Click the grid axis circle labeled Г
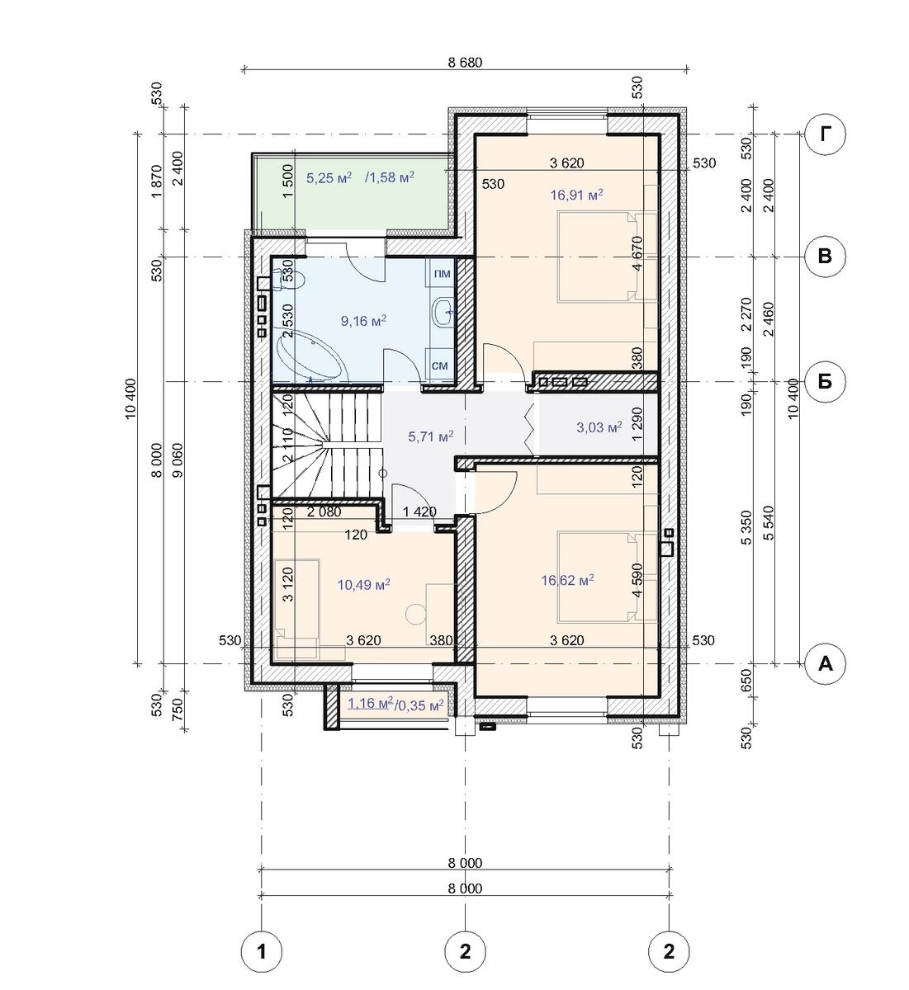point(825,134)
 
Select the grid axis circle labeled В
point(825,257)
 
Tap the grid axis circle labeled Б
point(825,381)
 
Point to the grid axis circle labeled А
point(825,664)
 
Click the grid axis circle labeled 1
point(262,951)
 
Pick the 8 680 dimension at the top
point(465,63)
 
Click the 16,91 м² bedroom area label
point(576,195)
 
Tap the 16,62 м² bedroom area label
point(567,580)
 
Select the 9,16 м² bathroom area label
point(363,321)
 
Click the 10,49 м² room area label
point(363,585)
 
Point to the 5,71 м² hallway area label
point(431,436)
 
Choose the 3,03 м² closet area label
point(599,427)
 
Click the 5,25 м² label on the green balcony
point(329,177)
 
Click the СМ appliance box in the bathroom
point(440,365)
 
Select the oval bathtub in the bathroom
point(310,356)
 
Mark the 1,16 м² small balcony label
point(371,703)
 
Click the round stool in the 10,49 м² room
point(415,615)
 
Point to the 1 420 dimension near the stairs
point(419,511)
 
